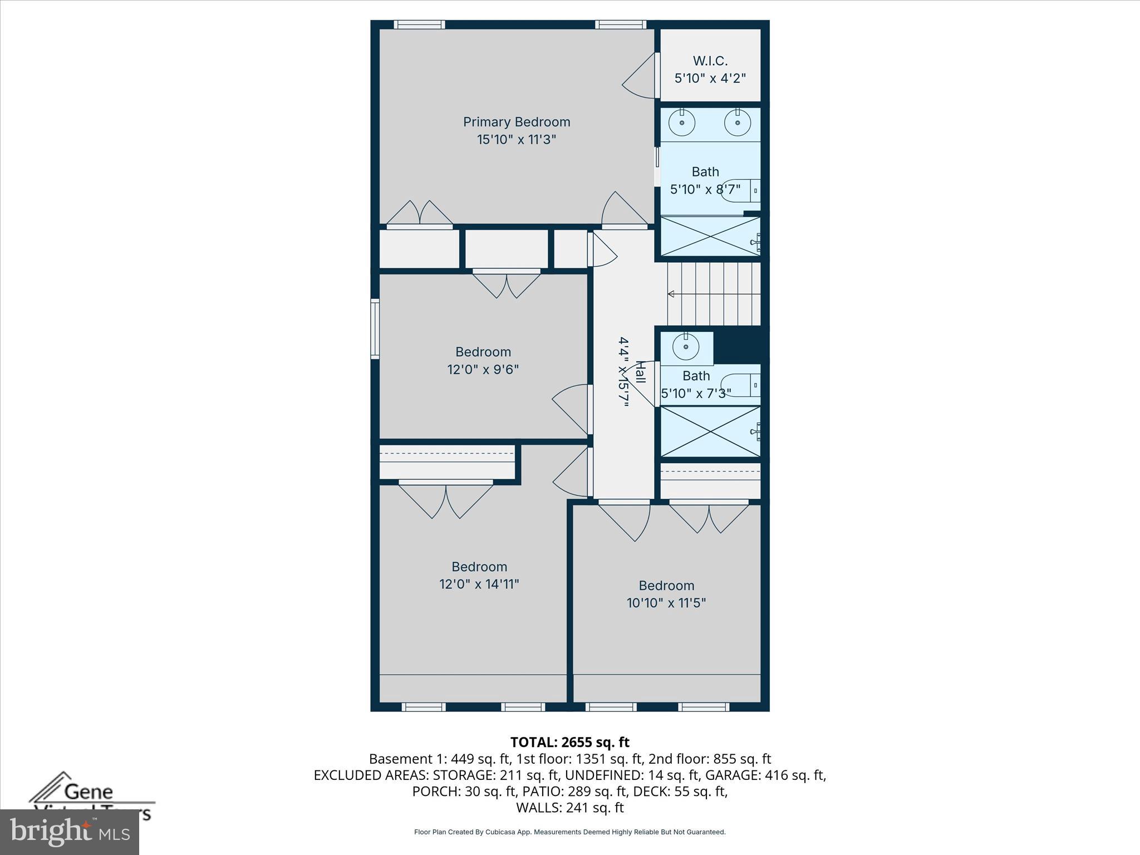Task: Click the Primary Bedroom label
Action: coord(517,122)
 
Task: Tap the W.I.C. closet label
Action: coord(710,61)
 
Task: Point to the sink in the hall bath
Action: coord(686,347)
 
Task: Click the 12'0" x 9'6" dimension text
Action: coord(483,370)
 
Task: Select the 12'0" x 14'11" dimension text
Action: coord(479,584)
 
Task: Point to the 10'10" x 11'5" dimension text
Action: coord(666,603)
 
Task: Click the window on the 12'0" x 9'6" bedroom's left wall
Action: coord(375,328)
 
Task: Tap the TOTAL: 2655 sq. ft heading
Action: coord(569,742)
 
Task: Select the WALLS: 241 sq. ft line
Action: coord(569,808)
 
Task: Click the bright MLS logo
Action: coord(70,832)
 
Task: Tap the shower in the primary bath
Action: coord(710,237)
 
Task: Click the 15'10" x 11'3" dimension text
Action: coord(517,140)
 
